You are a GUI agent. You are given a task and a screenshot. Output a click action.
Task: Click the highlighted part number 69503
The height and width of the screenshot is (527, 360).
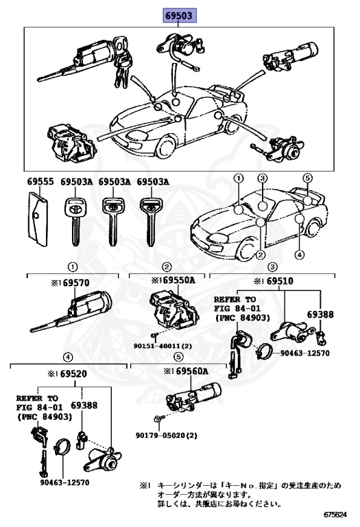[x=180, y=16]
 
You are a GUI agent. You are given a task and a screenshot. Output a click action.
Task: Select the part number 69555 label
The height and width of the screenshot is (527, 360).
[x=40, y=181]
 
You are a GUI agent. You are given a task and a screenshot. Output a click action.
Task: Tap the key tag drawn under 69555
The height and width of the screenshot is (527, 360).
[x=37, y=219]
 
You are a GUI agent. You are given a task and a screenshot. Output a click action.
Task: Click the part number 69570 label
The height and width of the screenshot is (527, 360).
[x=76, y=283]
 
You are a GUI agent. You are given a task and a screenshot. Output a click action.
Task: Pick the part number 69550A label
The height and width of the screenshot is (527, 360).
[x=179, y=280]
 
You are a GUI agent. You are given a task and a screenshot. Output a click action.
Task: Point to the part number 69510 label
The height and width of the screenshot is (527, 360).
[x=280, y=281]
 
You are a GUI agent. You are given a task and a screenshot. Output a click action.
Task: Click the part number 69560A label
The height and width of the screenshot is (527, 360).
[x=192, y=371]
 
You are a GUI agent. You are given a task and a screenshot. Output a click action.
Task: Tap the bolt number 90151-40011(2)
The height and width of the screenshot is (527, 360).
[x=163, y=346]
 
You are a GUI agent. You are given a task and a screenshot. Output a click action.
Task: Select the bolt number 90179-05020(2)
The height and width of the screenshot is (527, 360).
[x=166, y=436]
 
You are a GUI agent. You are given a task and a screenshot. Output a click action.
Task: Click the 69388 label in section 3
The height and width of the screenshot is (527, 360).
[x=320, y=314]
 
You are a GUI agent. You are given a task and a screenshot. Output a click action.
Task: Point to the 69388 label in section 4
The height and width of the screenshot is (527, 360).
[x=84, y=406]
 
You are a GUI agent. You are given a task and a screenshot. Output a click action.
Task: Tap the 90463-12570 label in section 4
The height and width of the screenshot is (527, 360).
[x=65, y=482]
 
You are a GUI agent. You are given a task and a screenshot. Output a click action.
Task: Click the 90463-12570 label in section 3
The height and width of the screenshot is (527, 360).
[x=305, y=353]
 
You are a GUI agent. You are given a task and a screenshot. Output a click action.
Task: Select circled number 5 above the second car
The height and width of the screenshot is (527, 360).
[x=307, y=178]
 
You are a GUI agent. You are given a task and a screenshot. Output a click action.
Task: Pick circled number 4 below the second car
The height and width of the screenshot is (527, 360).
[x=300, y=255]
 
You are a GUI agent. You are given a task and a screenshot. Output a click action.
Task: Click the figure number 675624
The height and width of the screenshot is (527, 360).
[x=335, y=515]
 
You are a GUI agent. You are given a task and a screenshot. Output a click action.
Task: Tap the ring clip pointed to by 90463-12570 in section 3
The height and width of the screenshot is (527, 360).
[x=263, y=351]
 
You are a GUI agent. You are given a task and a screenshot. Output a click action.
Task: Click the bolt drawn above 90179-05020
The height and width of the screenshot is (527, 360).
[x=159, y=419]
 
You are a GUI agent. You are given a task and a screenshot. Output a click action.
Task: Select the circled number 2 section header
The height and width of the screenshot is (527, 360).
[x=167, y=267]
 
